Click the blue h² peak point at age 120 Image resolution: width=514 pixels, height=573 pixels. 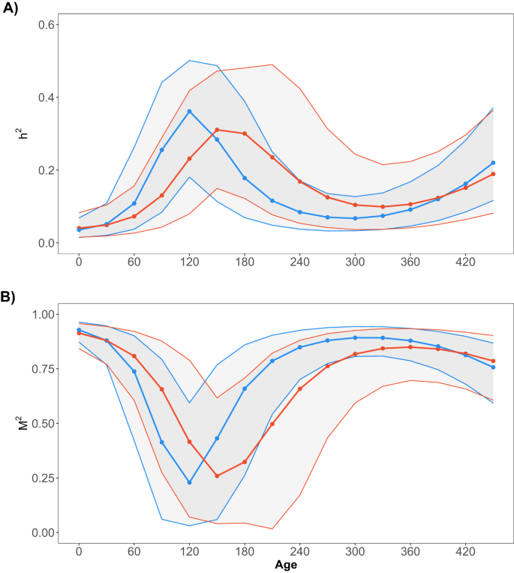click(x=189, y=111)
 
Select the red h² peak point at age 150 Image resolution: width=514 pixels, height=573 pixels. click(x=217, y=130)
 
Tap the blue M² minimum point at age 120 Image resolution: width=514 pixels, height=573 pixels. click(x=189, y=482)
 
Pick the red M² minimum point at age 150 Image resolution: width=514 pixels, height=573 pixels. click(x=217, y=475)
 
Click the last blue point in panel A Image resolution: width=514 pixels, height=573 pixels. click(x=493, y=163)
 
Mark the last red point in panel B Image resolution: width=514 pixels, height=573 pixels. click(x=493, y=361)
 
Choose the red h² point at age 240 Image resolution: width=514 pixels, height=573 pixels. click(x=299, y=181)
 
